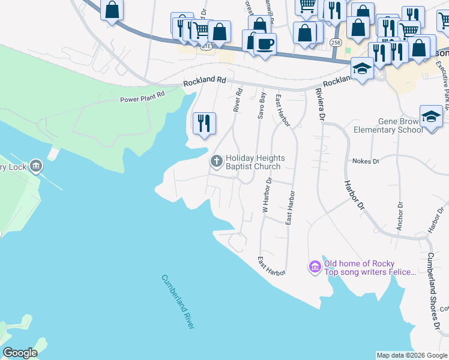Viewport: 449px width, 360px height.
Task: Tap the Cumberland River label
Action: tap(178, 301)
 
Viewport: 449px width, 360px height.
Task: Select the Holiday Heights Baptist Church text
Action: tap(253, 162)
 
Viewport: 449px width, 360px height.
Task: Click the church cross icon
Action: tap(216, 161)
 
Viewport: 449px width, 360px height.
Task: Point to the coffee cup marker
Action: tap(265, 43)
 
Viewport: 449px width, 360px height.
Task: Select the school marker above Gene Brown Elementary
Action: tap(431, 116)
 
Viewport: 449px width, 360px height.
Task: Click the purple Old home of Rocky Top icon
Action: tap(315, 266)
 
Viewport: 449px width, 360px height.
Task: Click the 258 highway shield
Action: tap(336, 43)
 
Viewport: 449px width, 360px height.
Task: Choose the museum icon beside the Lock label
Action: tap(35, 166)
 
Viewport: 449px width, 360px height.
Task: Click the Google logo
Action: tap(20, 353)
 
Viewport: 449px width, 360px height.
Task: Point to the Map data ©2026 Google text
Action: tap(411, 355)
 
